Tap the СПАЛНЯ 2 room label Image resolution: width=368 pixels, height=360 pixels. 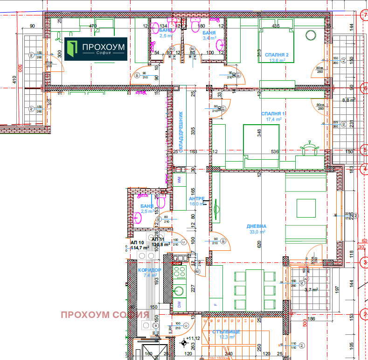pos(277,55)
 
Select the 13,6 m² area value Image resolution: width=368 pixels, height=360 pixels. pos(277,61)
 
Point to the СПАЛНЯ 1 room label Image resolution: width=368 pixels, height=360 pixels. pos(273,113)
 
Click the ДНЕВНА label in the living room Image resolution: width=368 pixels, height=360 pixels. pos(257,226)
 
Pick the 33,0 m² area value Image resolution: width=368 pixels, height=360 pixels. pos(257,232)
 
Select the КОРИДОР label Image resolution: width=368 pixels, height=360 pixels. pos(150,270)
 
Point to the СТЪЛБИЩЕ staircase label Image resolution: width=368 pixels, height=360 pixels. pos(225,332)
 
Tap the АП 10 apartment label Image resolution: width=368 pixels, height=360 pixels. pos(137,242)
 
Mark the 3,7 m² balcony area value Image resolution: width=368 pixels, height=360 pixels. pos(311,290)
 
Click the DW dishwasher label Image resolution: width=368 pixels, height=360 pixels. pos(179,304)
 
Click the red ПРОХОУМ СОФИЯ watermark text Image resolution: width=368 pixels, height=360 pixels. pos(104,315)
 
